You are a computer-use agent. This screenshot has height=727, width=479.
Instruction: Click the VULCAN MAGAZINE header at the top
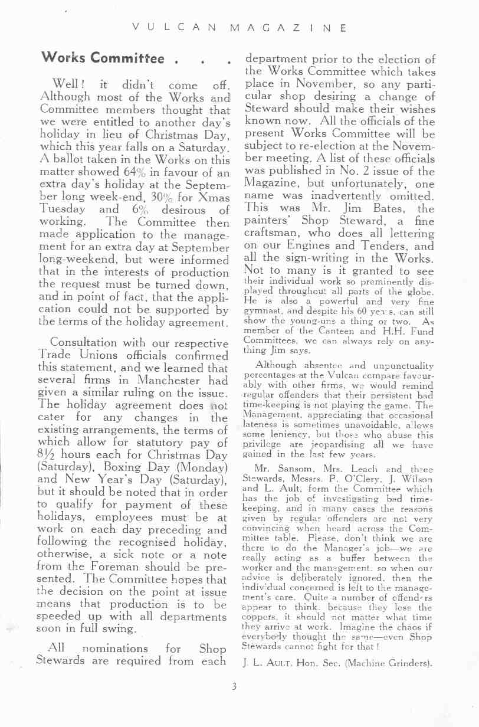[x=239, y=28]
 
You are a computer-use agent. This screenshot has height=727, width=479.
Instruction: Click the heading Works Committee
[x=103, y=58]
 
